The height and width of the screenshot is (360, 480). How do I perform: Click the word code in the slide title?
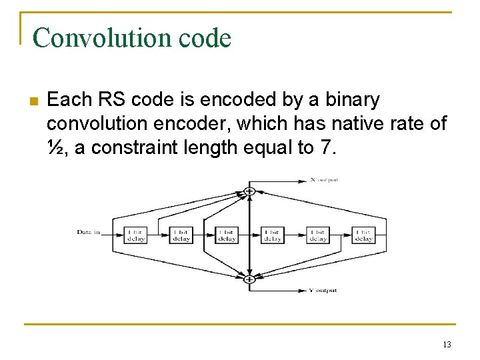click(x=206, y=39)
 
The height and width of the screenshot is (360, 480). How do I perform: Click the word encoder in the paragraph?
click(x=213, y=123)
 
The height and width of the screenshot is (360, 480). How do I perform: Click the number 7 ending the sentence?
click(x=325, y=147)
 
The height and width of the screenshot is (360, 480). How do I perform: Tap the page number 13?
click(x=446, y=344)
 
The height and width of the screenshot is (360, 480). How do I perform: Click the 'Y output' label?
click(x=323, y=291)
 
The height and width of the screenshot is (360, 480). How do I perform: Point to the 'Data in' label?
click(x=89, y=232)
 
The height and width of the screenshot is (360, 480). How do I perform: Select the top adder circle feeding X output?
click(x=249, y=191)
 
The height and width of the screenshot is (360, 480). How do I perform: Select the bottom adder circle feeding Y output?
click(x=249, y=279)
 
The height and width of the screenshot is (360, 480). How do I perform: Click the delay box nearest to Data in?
click(x=135, y=235)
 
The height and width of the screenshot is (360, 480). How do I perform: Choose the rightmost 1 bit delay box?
click(x=363, y=235)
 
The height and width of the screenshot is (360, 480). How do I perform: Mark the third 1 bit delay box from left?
click(x=227, y=235)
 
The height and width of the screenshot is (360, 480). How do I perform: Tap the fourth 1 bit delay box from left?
click(x=272, y=235)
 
